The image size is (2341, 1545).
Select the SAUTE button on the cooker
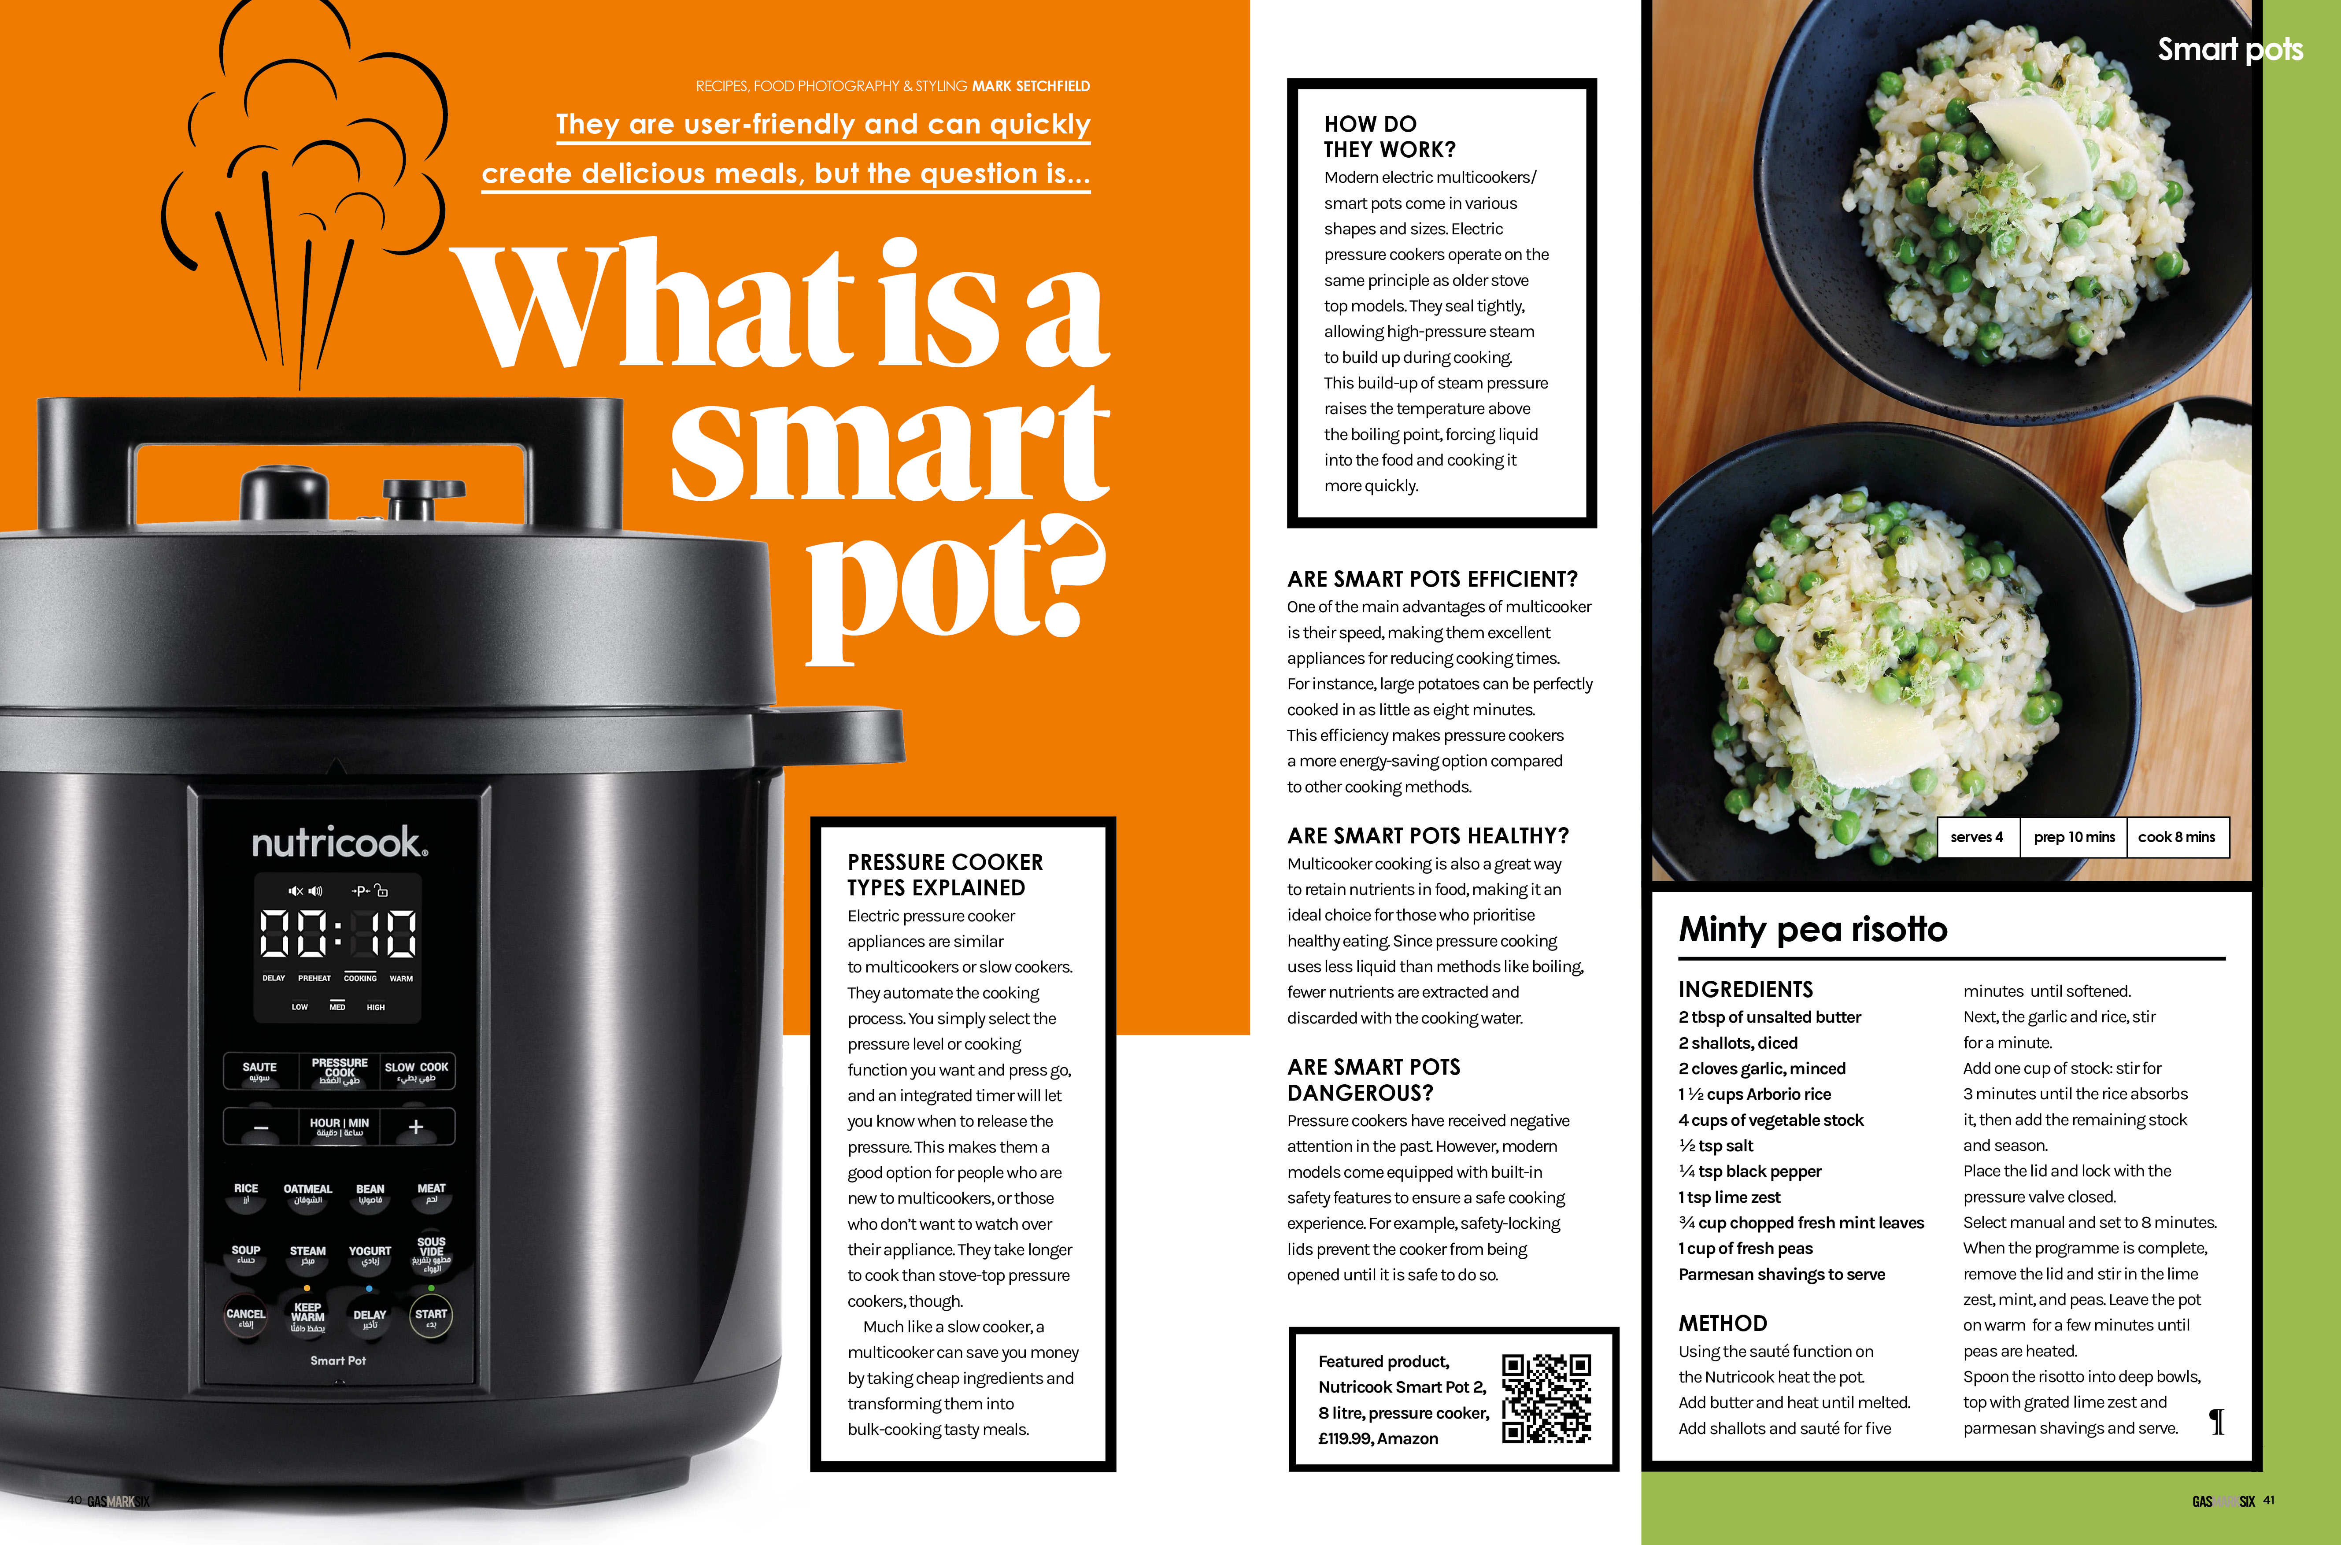click(260, 1071)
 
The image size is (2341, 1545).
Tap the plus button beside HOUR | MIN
click(416, 1126)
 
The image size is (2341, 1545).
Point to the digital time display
click(338, 933)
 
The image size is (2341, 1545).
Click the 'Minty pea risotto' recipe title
click(1813, 929)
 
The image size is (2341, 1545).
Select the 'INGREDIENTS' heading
click(1746, 989)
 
